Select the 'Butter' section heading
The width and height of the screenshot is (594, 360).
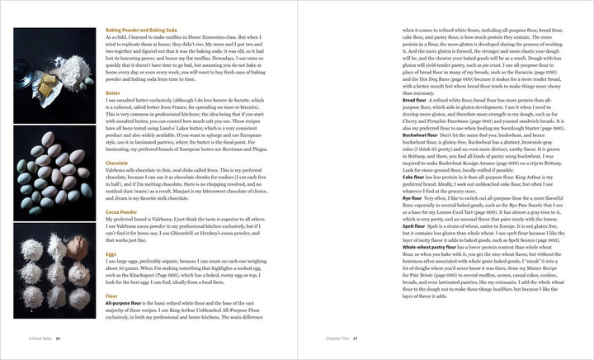tap(113, 94)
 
